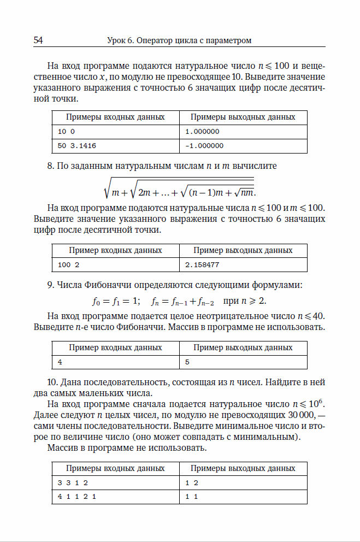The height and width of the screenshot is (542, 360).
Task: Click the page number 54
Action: click(x=38, y=40)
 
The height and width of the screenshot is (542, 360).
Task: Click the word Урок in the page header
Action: click(x=117, y=40)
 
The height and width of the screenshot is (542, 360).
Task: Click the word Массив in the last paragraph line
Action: click(x=63, y=449)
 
